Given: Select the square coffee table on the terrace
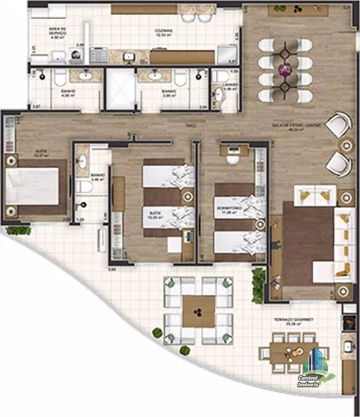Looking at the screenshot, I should [199, 312].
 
